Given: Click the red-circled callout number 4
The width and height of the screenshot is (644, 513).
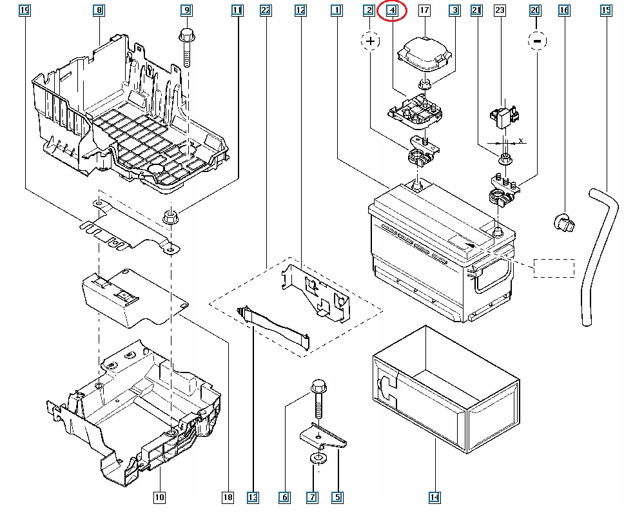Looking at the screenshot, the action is (392, 10).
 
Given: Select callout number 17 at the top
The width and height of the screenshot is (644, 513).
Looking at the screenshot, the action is (424, 10).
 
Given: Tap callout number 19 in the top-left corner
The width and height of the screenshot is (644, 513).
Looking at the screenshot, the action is (24, 10).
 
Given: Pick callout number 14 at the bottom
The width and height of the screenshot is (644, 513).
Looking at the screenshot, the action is (434, 498).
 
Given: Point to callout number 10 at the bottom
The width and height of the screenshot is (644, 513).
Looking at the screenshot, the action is (159, 498).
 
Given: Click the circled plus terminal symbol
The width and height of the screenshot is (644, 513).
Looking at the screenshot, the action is (371, 41).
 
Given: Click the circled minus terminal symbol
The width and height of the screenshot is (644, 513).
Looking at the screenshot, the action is (537, 41).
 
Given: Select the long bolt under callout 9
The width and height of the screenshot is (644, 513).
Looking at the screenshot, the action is (187, 48).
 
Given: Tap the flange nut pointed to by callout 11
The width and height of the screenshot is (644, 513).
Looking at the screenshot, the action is (171, 217).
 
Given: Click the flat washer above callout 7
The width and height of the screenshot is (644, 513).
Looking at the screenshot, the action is (318, 458).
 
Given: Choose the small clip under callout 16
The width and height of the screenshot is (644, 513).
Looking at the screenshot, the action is (564, 222).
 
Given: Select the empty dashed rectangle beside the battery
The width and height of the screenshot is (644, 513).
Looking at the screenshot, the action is (554, 268).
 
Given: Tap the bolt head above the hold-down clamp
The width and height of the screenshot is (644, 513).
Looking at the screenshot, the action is (318, 387).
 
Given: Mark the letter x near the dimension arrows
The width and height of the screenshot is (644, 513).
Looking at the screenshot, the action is (521, 141).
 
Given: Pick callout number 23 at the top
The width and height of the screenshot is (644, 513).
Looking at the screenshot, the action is (500, 10).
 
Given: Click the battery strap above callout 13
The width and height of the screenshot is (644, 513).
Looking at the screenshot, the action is (273, 326).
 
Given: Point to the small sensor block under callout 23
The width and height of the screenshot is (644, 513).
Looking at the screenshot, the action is (505, 116).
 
